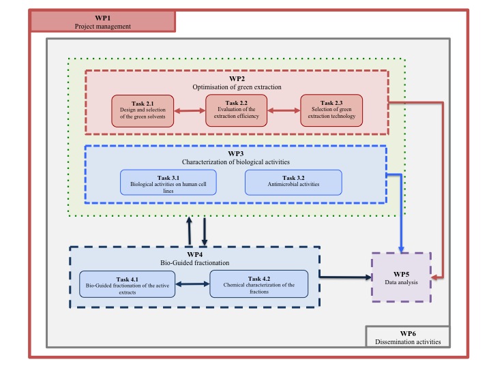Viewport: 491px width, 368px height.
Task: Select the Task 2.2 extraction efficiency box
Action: pos(236,111)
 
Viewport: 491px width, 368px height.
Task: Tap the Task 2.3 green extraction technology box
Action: pos(331,111)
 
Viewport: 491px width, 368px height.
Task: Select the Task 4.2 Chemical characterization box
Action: pos(258,284)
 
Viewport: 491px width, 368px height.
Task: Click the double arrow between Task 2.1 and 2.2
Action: pos(190,110)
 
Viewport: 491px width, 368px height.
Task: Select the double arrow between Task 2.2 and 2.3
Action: pos(284,110)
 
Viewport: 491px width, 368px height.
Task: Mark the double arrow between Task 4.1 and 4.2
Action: pos(193,284)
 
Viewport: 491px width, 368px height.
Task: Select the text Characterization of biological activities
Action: pos(236,162)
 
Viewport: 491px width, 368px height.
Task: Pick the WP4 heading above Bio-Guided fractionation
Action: pos(195,254)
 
